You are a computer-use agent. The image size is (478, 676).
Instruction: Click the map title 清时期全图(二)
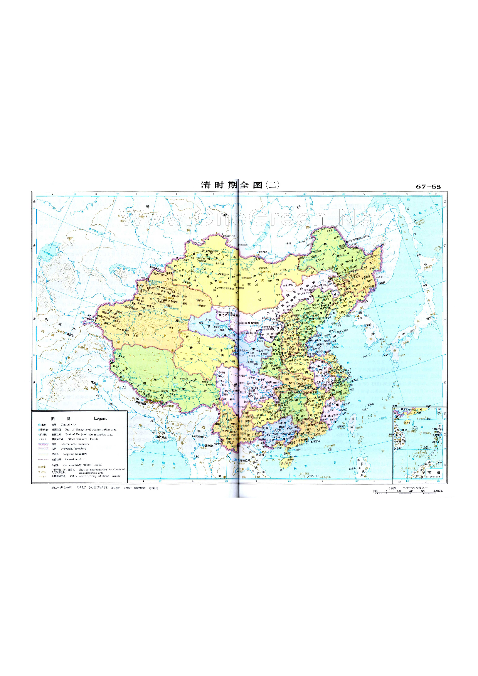click(240, 185)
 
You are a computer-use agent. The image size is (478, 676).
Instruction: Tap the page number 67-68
click(428, 187)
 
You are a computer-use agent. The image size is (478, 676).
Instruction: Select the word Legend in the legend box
click(101, 419)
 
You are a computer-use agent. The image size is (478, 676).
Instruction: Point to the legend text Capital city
click(68, 425)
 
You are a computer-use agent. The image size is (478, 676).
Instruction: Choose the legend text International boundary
click(75, 444)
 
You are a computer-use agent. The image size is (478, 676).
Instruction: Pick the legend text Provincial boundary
click(73, 449)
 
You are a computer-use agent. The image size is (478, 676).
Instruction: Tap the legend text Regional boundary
click(75, 454)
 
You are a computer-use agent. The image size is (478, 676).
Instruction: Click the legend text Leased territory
click(75, 459)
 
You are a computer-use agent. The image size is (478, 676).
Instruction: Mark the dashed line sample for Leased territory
click(43, 459)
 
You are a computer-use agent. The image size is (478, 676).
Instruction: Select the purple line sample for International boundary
click(43, 444)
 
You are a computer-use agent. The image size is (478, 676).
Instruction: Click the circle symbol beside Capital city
click(39, 425)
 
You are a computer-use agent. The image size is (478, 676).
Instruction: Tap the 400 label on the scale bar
click(411, 491)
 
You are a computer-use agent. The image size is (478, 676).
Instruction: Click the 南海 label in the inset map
click(434, 473)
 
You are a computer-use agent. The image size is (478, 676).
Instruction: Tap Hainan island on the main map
click(285, 461)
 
